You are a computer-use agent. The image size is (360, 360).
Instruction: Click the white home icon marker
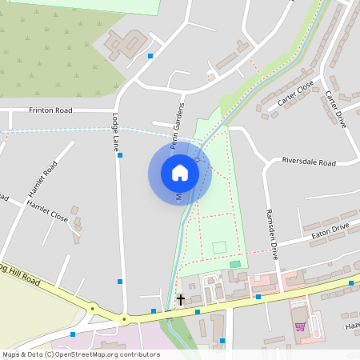click(180, 173)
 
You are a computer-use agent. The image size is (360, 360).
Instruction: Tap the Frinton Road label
click(50, 110)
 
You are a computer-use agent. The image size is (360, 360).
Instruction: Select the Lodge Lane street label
click(114, 133)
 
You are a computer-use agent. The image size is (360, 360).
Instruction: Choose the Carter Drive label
click(335, 109)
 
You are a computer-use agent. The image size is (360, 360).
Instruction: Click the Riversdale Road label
click(309, 162)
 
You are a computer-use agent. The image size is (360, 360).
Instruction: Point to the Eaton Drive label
click(330, 229)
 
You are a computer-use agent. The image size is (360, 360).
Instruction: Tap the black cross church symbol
click(180, 300)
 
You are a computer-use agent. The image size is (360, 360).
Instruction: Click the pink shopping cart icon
click(300, 326)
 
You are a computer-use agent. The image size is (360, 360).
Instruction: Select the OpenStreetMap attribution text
click(81, 354)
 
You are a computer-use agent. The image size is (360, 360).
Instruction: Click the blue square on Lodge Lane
click(120, 155)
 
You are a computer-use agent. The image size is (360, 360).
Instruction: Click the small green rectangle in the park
click(234, 264)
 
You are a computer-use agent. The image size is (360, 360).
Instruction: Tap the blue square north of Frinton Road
click(150, 56)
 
